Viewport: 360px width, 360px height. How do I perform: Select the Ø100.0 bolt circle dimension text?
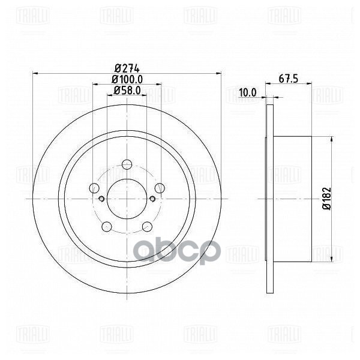[127, 79]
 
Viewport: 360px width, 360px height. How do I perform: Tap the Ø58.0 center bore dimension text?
[127, 91]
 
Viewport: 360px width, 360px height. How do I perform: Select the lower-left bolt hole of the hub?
[107, 226]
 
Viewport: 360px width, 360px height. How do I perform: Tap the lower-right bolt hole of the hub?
[147, 226]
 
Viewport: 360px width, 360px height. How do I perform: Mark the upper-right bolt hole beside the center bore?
[160, 188]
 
